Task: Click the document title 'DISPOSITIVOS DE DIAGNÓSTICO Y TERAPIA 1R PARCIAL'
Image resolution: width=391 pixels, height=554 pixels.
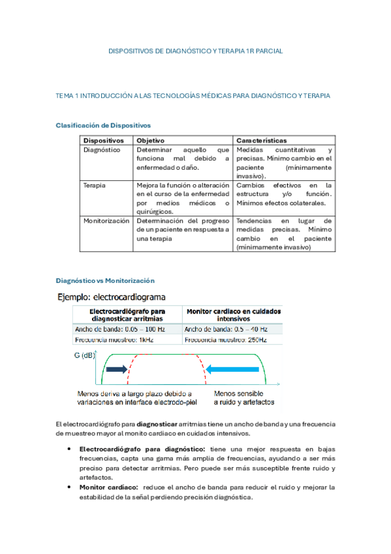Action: tap(195, 50)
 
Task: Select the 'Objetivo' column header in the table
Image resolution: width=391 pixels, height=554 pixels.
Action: tap(151, 140)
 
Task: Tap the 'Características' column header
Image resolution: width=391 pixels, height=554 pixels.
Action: tap(261, 140)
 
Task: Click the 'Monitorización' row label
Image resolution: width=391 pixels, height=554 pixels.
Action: tap(106, 221)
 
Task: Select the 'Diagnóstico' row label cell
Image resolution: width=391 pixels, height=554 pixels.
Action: tap(102, 150)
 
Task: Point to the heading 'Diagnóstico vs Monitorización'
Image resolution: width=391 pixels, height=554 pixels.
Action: tap(105, 280)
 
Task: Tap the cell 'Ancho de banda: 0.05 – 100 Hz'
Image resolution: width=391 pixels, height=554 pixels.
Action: tap(120, 329)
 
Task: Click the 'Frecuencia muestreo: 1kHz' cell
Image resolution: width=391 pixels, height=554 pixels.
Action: tap(115, 340)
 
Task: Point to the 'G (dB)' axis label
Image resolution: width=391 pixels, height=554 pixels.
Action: tap(85, 355)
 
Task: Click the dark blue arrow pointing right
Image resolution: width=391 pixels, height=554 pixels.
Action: tap(116, 369)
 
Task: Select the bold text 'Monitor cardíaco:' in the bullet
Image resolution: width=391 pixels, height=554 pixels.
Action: tap(108, 487)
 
